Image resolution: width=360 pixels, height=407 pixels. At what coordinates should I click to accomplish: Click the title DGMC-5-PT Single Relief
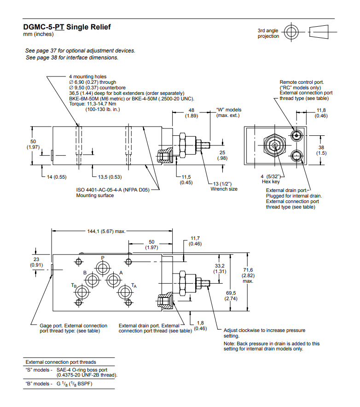pyautogui.click(x=67, y=27)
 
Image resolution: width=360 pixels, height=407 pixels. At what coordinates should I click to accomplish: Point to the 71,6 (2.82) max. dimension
pyautogui.click(x=248, y=275)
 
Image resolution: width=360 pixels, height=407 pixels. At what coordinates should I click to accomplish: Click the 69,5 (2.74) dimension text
pyautogui.click(x=231, y=296)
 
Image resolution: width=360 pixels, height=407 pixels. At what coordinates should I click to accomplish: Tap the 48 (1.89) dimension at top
pyautogui.click(x=191, y=113)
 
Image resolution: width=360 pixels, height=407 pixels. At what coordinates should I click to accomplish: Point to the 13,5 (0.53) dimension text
pyautogui.click(x=110, y=177)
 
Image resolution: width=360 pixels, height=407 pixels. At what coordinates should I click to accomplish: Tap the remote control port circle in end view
pyautogui.click(x=296, y=134)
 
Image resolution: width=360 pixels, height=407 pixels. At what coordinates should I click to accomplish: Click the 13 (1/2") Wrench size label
pyautogui.click(x=224, y=186)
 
